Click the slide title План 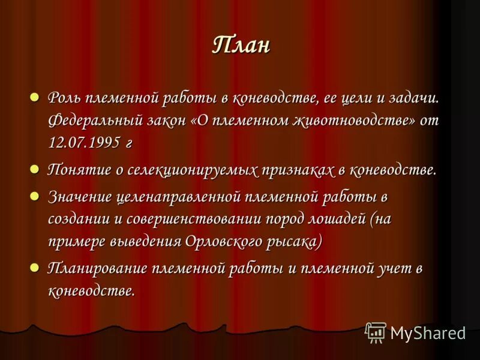pos(241,46)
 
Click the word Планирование pos(98,268)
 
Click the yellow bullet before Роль pos(35,97)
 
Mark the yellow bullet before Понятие pos(35,169)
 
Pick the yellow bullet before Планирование pos(35,267)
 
